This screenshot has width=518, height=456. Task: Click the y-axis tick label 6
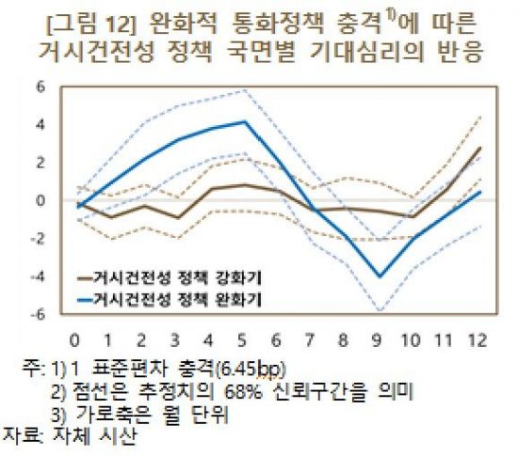[40, 86]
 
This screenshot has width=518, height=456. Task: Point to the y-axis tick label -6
[39, 314]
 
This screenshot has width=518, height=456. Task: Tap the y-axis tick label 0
[40, 200]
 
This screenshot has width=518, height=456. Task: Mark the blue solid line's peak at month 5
[245, 121]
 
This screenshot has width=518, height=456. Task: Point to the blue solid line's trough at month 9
[380, 276]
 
